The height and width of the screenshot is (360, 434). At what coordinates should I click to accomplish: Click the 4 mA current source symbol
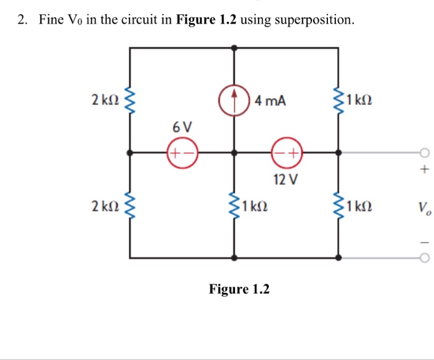234,99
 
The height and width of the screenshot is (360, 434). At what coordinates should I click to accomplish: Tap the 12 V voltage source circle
286,152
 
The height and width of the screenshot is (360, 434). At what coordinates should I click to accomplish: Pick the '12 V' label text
286,180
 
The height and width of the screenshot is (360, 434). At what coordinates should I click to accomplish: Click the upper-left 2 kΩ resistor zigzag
130,100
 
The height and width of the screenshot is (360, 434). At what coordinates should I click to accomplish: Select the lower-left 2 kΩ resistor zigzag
130,205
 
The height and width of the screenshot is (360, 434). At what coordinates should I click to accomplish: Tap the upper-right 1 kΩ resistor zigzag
339,100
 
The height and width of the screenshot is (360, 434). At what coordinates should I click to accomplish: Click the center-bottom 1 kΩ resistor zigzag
234,205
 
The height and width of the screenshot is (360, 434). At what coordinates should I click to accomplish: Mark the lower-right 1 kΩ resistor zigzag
339,205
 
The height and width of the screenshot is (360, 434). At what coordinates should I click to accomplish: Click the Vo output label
423,206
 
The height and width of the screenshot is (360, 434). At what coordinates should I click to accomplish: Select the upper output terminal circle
424,153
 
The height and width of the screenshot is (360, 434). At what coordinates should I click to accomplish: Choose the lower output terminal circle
424,258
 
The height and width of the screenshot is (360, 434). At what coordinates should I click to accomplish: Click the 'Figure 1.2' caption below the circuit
239,289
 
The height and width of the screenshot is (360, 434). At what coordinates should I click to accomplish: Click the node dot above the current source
234,47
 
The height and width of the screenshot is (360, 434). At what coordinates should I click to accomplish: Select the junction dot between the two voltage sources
234,152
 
